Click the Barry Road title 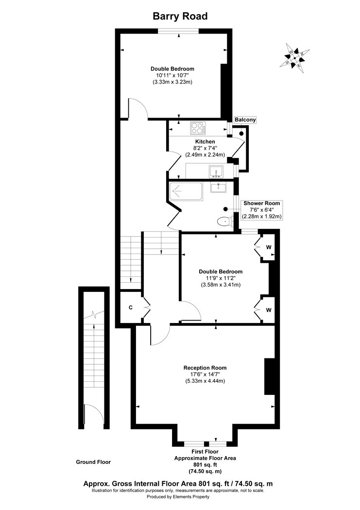point(180,16)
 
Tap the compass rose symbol point(294,58)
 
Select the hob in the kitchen point(198,128)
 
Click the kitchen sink point(216,171)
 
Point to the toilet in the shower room point(225,221)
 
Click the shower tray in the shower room point(186,191)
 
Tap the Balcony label point(245,119)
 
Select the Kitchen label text point(205,141)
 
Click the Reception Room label point(205,368)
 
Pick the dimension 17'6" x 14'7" point(205,374)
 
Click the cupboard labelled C point(131,307)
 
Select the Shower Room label point(262,204)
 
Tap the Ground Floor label point(93,462)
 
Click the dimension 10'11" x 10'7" point(172,75)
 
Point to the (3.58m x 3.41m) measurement point(221,285)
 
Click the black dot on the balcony point(241,134)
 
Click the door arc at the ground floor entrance point(94,413)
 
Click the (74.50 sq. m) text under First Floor point(205,471)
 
